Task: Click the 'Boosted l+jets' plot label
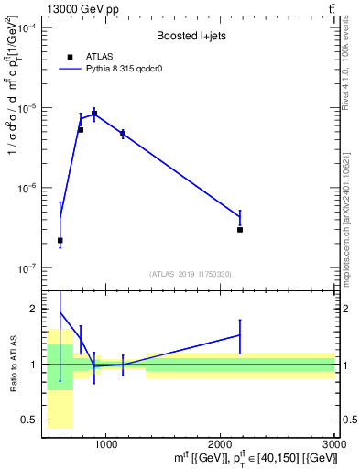pyautogui.click(x=191, y=36)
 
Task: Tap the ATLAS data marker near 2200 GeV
pyautogui.click(x=240, y=230)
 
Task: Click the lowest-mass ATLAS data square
pyautogui.click(x=60, y=240)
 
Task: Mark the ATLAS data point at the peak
pyautogui.click(x=94, y=114)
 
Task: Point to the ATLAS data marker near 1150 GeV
pyautogui.click(x=123, y=134)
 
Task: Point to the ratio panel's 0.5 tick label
pyautogui.click(x=33, y=420)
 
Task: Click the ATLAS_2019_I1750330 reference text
pyautogui.click(x=191, y=274)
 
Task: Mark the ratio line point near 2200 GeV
pyautogui.click(x=240, y=335)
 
